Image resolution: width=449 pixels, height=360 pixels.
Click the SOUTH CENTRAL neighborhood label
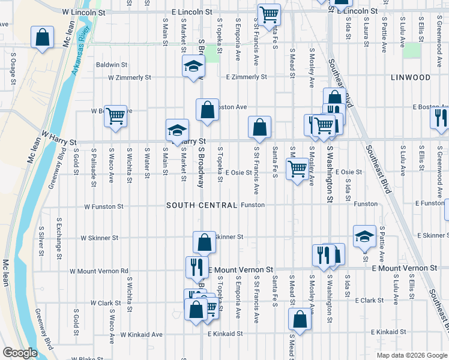[x=202, y=205]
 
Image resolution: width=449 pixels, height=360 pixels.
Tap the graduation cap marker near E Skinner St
[x=364, y=236]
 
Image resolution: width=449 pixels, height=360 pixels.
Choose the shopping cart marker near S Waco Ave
[x=115, y=115]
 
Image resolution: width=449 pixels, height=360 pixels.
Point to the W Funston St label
[x=103, y=206]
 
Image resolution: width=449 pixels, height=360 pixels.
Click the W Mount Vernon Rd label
[x=99, y=271]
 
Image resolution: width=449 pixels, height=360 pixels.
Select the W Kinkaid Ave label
[x=142, y=334]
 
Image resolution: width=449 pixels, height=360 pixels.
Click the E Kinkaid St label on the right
[x=390, y=332]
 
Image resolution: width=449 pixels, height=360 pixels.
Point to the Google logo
[x=19, y=353]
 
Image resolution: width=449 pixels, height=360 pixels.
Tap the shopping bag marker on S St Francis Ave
[x=259, y=127]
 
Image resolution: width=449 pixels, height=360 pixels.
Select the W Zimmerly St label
[x=130, y=77]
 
